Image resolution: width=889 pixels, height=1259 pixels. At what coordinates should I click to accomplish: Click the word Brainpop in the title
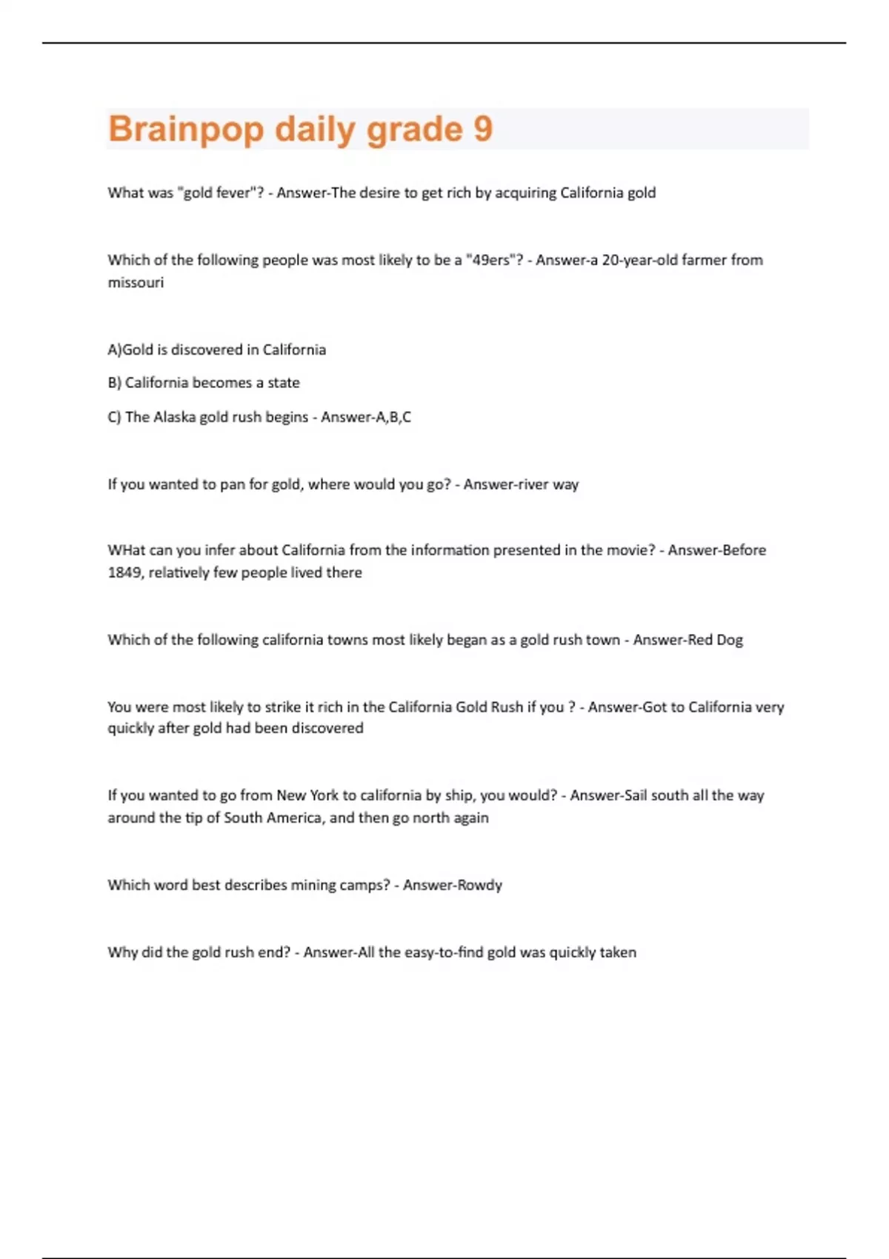(x=186, y=130)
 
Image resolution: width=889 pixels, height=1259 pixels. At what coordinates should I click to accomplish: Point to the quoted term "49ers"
(x=493, y=260)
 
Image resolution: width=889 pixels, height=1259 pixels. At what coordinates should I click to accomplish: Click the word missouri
(x=136, y=282)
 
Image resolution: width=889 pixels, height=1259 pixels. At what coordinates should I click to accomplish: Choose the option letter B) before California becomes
(x=115, y=383)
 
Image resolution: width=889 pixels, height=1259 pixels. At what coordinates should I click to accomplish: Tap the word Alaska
(x=175, y=417)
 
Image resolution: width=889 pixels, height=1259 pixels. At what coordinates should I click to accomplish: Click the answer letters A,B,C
(x=393, y=417)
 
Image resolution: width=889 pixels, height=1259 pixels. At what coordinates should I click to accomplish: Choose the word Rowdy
(x=479, y=885)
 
